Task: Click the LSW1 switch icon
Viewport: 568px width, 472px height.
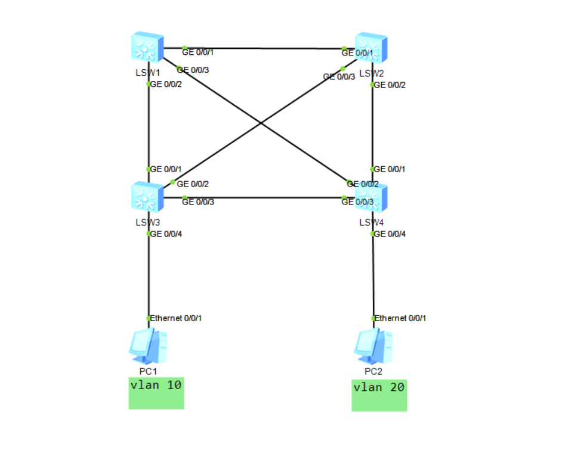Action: pyautogui.click(x=147, y=48)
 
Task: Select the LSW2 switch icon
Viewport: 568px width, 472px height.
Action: pyautogui.click(x=371, y=48)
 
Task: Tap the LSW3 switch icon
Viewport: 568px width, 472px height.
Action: pyautogui.click(x=147, y=197)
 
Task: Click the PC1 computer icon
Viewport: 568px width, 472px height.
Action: pyautogui.click(x=147, y=346)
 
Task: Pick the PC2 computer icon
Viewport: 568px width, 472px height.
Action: pyautogui.click(x=373, y=346)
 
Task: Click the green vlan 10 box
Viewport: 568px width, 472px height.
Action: pyautogui.click(x=156, y=393)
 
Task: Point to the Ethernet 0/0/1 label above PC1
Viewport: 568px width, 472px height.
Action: pyautogui.click(x=175, y=318)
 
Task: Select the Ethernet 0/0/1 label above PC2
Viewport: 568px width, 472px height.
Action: pyautogui.click(x=400, y=318)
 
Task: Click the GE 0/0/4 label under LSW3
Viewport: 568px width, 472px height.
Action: pyautogui.click(x=166, y=234)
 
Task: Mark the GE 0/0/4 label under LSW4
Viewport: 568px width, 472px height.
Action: pyautogui.click(x=390, y=234)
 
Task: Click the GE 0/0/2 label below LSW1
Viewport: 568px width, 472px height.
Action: pyautogui.click(x=166, y=84)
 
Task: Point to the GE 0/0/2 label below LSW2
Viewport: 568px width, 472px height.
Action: pyautogui.click(x=390, y=85)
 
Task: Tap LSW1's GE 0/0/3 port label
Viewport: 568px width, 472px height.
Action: pyautogui.click(x=193, y=70)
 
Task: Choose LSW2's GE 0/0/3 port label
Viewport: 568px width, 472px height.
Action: pyautogui.click(x=339, y=77)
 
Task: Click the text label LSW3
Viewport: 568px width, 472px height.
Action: pyautogui.click(x=147, y=222)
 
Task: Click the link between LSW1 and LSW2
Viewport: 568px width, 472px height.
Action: pyautogui.click(x=263, y=48)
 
